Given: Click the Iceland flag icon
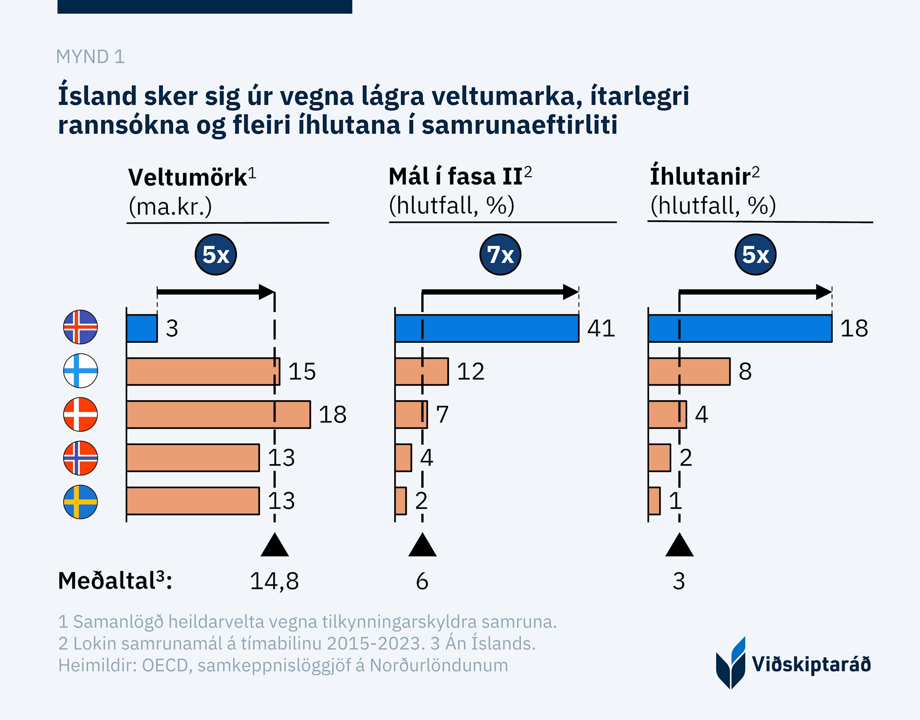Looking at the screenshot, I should point(80,327).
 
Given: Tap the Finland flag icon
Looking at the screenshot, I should point(80,371).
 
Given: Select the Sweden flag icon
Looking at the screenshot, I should point(80,501).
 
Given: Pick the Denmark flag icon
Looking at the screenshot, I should point(80,414).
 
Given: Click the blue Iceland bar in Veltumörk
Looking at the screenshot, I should point(142,328).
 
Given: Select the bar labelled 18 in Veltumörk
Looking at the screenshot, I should point(218,415).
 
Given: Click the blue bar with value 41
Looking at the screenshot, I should point(487,328).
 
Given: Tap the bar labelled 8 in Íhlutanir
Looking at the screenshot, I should point(689,371).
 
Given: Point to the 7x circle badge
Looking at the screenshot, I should point(500,254).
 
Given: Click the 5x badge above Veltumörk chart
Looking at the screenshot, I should point(216,254).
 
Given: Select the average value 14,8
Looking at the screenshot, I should point(274,581).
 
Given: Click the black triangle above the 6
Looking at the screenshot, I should point(422,546).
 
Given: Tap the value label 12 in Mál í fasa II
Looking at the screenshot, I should point(471,371).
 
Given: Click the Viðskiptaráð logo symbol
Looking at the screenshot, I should point(730,663).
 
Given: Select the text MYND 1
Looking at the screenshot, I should point(90,57).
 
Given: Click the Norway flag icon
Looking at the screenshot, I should point(80,458).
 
